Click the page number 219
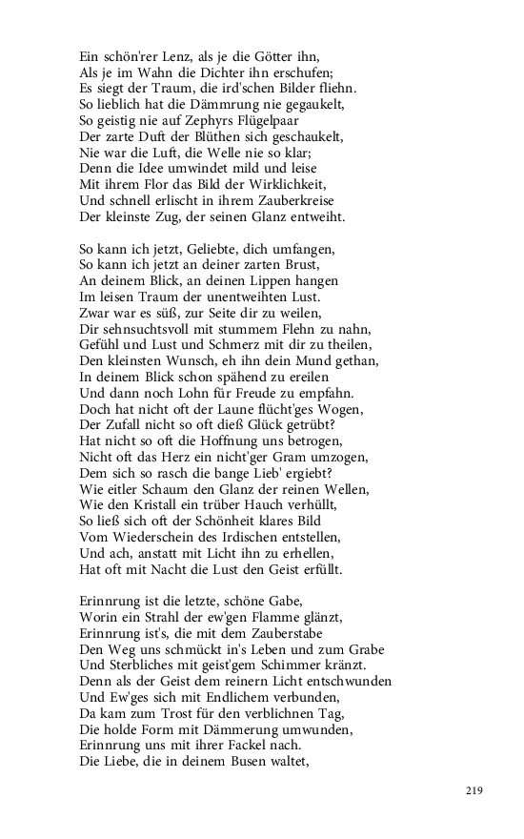click(474, 789)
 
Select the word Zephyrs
click(225, 125)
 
